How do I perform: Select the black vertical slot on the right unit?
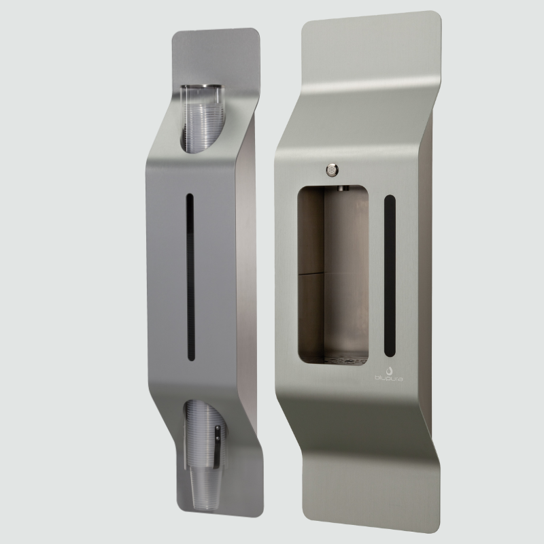[390, 275]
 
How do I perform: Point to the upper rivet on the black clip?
[217, 429]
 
